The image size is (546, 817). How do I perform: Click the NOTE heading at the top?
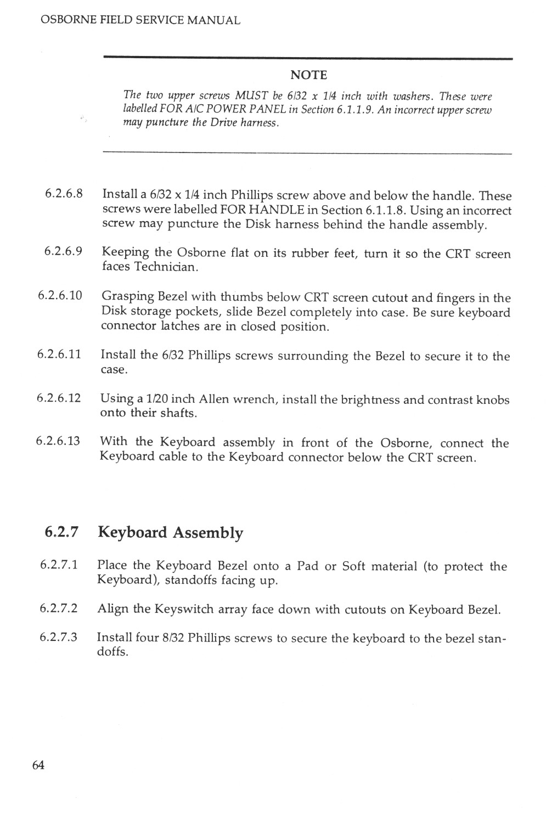point(308,75)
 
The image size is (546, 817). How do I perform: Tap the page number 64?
point(38,765)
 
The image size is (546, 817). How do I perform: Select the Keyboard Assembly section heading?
point(170,533)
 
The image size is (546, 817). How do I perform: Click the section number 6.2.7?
point(62,532)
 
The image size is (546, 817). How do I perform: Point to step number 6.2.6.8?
point(64,194)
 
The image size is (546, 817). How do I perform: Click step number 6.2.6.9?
point(64,252)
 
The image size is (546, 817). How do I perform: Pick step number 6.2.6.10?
point(60,296)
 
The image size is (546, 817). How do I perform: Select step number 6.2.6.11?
point(60,354)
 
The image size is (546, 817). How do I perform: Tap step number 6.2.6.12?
point(59,398)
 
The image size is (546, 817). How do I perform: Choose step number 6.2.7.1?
point(59,565)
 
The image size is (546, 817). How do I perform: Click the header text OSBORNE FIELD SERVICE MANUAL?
point(140,21)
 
